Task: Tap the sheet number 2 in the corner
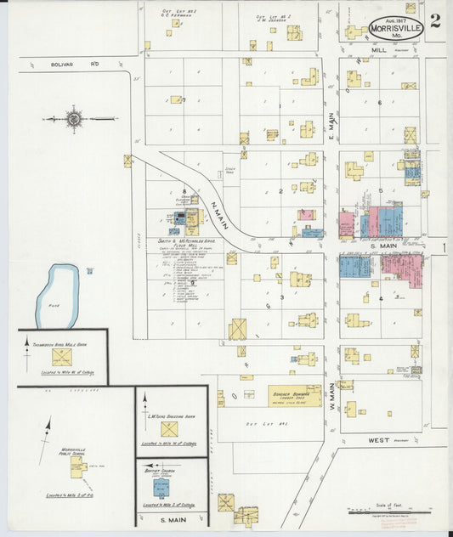434,21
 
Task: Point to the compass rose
74,119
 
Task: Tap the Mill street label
380,51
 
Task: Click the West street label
379,441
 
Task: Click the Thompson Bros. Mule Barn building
61,357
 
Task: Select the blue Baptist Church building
161,488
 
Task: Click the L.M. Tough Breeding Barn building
169,429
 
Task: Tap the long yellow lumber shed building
294,395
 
